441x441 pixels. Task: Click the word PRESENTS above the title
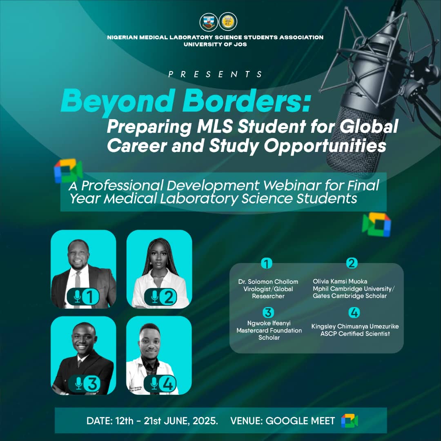point(216,74)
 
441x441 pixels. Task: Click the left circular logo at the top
point(208,22)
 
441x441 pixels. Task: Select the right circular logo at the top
point(228,22)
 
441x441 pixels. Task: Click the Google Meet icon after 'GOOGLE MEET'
point(350,421)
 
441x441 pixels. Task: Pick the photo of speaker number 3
point(83,355)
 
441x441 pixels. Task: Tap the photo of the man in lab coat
point(159,355)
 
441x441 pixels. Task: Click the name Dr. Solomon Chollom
point(268,282)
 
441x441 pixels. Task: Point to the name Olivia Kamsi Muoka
point(340,281)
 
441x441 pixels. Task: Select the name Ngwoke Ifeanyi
point(269,323)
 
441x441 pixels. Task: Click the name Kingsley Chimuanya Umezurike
point(355,326)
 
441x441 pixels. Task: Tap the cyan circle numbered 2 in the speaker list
point(351,263)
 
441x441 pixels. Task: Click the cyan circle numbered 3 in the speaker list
point(268,313)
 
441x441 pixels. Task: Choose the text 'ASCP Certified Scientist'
point(355,334)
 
